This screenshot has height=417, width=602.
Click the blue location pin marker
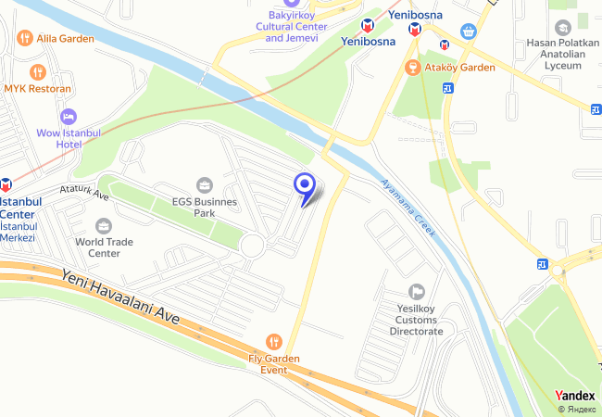(x=304, y=185)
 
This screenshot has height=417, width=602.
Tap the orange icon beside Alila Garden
(x=25, y=39)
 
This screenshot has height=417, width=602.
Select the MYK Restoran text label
(x=37, y=89)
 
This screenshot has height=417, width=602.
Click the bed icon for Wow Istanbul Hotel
(x=67, y=117)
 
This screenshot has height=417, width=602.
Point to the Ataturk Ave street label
(x=84, y=193)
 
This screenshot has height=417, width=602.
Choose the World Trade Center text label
(x=104, y=247)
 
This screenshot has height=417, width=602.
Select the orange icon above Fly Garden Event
(x=273, y=341)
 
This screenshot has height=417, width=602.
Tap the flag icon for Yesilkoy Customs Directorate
(x=416, y=292)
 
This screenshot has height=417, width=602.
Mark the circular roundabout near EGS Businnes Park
(x=252, y=246)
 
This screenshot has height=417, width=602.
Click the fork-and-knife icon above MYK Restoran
(x=37, y=71)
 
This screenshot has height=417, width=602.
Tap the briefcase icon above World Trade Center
(x=104, y=226)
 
